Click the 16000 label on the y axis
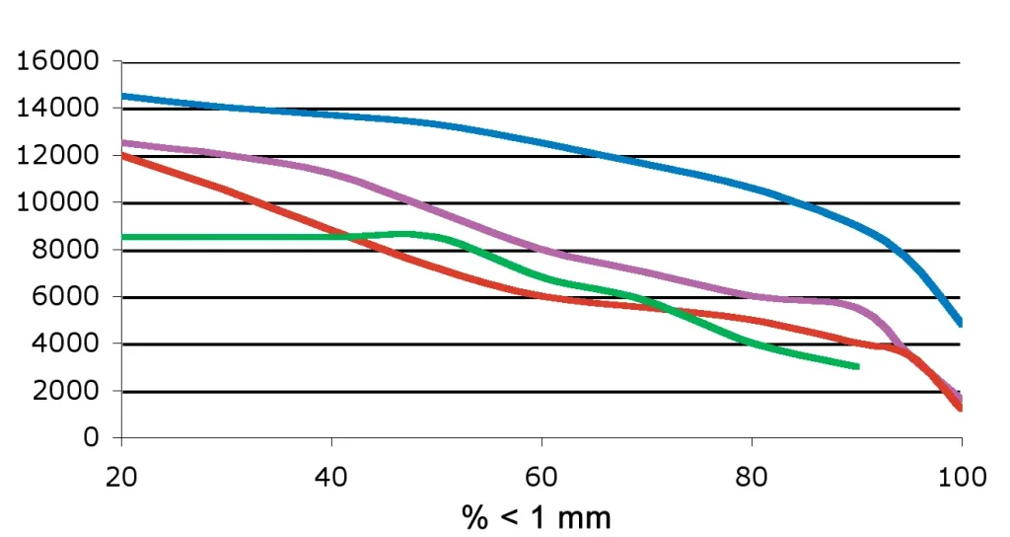[58, 61]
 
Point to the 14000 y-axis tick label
[58, 109]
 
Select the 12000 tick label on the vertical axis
[58, 156]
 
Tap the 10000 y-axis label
[58, 203]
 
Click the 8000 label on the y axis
[65, 251]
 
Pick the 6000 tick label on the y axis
[65, 297]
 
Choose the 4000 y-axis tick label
[65, 345]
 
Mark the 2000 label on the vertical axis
[65, 392]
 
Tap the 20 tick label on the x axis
[120, 478]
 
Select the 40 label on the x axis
[331, 478]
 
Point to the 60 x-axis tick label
[541, 478]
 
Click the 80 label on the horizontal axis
[752, 478]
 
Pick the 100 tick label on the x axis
[962, 478]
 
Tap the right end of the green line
[857, 366]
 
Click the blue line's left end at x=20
[121, 96]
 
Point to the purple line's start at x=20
[121, 142]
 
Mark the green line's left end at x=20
[121, 237]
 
